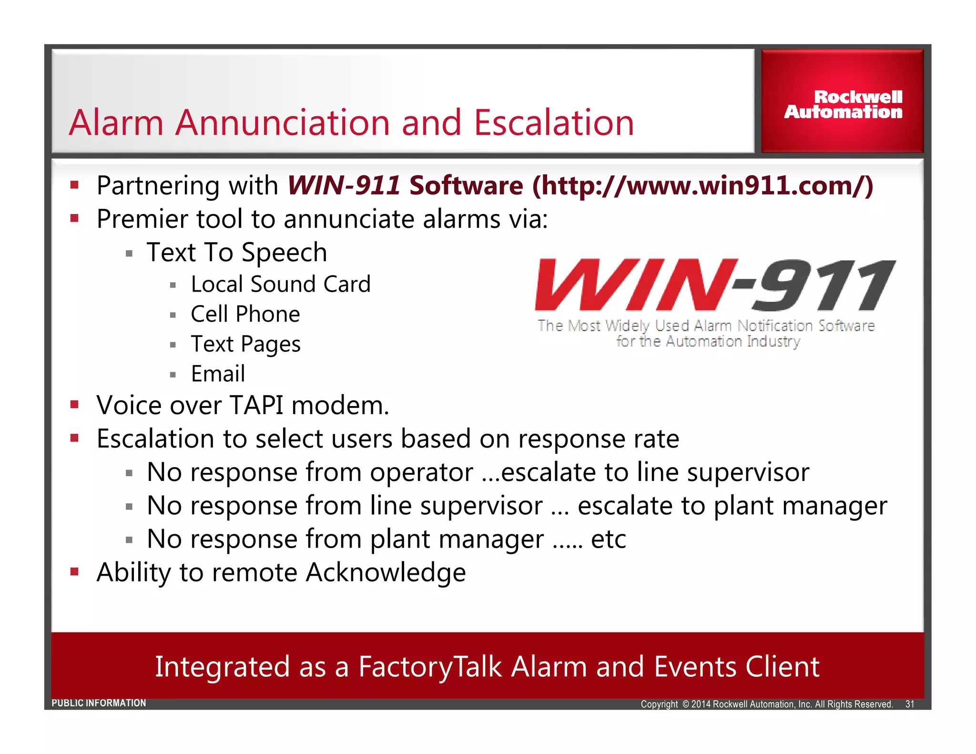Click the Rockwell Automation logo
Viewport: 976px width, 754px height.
pos(843,104)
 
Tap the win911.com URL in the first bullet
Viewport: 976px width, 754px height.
pos(702,186)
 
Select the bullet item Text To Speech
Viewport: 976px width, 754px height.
pos(237,252)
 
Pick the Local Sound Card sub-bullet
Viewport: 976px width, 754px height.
pos(280,285)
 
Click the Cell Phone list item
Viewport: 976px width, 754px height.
pos(245,315)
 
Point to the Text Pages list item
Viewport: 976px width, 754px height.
pos(245,344)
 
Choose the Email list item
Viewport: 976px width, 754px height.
pos(218,374)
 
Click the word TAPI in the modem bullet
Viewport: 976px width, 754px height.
pos(256,406)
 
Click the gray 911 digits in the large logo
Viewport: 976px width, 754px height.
pos(824,285)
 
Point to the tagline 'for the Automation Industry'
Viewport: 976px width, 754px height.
pos(708,342)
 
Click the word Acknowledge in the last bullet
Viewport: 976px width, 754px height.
pos(386,572)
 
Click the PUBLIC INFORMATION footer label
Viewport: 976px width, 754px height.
pos(99,703)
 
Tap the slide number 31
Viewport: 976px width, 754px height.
pos(910,704)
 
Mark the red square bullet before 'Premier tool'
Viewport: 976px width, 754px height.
pos(74,219)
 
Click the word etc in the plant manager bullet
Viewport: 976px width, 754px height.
pos(608,540)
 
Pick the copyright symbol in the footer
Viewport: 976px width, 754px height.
pos(685,704)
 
